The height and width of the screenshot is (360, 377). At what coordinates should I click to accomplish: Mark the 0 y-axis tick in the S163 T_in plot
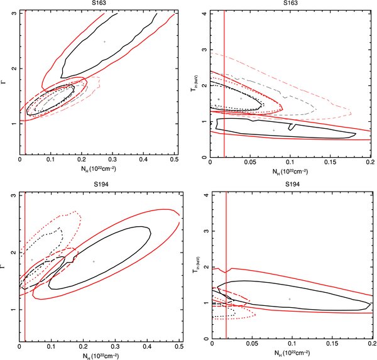click(x=205, y=156)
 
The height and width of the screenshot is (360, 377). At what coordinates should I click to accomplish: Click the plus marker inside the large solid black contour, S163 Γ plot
click(x=104, y=41)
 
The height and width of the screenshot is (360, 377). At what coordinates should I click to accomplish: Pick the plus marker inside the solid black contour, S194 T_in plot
click(x=289, y=299)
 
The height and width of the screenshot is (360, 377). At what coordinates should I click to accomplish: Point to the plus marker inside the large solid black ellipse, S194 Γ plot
click(x=94, y=261)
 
